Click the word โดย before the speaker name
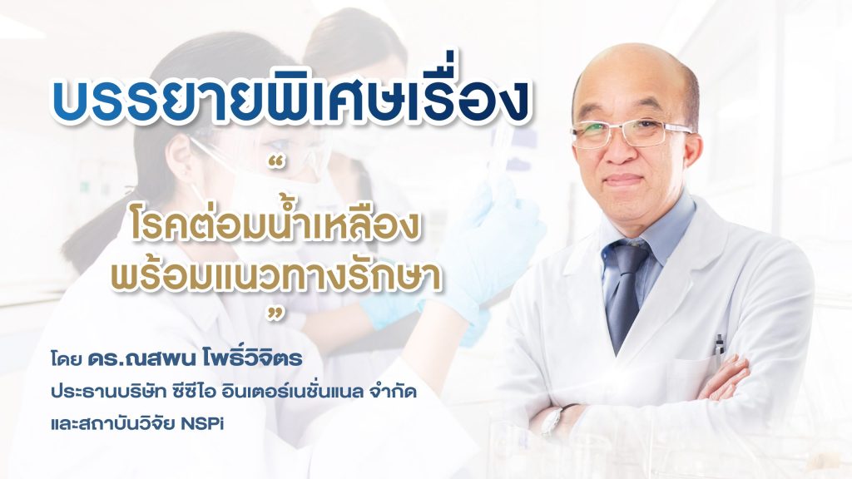point(66,359)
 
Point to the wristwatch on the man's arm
point(552,419)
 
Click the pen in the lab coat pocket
point(719,344)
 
